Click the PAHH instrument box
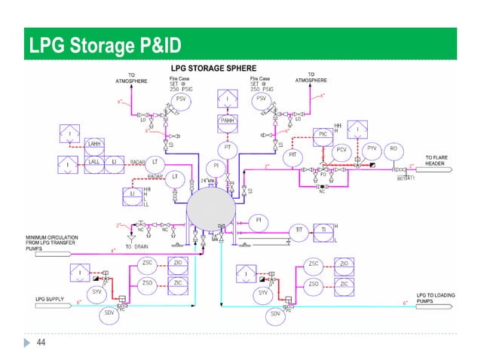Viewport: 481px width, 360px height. pos(227,121)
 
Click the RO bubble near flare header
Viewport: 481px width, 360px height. pos(393,149)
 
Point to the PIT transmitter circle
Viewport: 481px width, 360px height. pos(293,155)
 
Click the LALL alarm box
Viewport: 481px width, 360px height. pos(95,161)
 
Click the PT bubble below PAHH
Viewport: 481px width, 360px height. pos(227,148)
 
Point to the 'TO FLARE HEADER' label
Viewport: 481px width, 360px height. pos(440,160)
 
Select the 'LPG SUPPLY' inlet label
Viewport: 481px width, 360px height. pos(51,298)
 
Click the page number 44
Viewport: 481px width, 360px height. pos(41,343)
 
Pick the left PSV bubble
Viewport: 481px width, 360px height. pos(182,99)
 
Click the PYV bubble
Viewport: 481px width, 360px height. pos(371,149)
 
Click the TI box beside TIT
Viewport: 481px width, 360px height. pos(323,230)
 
